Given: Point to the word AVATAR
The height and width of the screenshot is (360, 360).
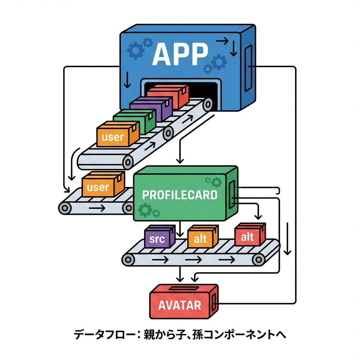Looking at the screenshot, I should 180,305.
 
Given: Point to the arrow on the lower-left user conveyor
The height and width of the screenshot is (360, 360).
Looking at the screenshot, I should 97,208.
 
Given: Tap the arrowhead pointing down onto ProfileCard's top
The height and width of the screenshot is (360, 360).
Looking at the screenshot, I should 180,161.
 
